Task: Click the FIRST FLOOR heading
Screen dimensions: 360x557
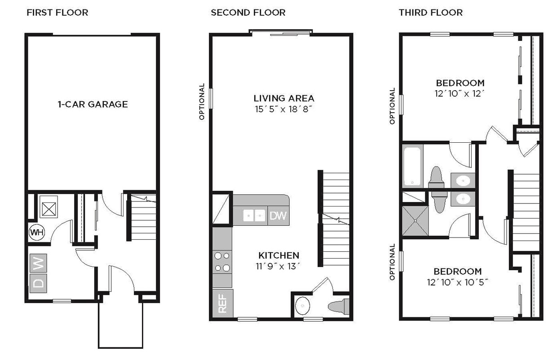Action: click(x=57, y=13)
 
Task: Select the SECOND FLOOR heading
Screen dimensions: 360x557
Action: click(x=248, y=13)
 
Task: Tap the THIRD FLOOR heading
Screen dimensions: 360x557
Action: click(x=430, y=13)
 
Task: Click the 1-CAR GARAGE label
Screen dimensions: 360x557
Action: click(x=93, y=104)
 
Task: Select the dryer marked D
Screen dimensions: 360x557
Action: click(x=39, y=283)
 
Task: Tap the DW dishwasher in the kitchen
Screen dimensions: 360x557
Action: click(x=278, y=216)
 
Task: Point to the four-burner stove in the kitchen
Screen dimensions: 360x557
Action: click(x=222, y=262)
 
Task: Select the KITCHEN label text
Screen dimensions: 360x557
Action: click(x=278, y=255)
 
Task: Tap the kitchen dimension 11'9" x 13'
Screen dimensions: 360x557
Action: click(x=278, y=266)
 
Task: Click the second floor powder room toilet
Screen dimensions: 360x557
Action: click(x=340, y=306)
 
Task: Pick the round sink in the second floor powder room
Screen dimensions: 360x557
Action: click(x=303, y=307)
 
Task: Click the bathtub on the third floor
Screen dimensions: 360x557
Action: click(x=412, y=166)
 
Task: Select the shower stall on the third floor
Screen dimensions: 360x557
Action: click(x=415, y=220)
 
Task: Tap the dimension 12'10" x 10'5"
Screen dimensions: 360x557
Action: click(x=460, y=282)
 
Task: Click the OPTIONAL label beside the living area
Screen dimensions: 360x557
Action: click(x=202, y=101)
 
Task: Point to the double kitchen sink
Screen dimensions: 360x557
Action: click(x=254, y=216)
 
